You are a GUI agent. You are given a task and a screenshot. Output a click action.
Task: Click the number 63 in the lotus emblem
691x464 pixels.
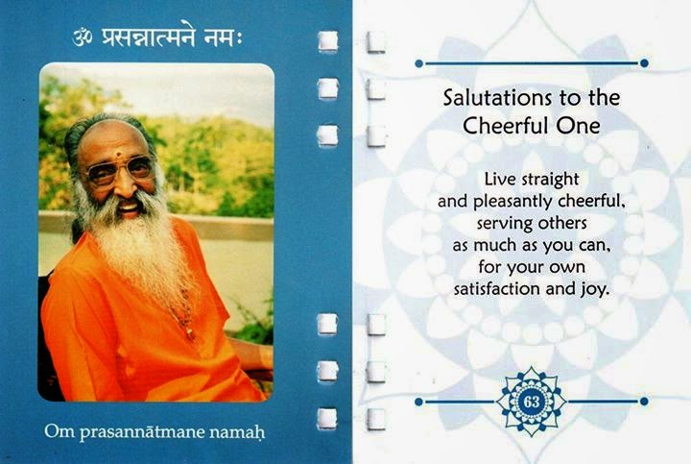point(532,402)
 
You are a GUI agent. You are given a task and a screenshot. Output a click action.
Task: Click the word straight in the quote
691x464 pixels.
point(550,180)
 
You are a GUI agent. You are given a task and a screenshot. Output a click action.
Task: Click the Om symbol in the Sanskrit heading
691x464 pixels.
point(83,37)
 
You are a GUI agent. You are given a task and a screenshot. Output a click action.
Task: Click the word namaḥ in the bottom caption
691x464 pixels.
point(237,431)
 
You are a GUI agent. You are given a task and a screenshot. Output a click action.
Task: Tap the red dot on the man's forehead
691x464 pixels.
point(119,156)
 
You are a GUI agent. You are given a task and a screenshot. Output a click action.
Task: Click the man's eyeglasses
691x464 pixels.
point(119,170)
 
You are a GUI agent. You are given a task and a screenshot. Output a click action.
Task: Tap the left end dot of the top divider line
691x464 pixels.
point(418,63)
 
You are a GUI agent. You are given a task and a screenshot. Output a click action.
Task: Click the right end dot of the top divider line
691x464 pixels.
point(644,63)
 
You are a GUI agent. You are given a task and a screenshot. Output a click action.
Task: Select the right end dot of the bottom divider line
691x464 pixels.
point(644,402)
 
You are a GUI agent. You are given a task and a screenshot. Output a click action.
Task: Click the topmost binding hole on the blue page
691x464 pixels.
point(328,41)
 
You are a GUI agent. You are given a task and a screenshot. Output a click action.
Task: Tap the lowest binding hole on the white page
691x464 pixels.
point(376,419)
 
